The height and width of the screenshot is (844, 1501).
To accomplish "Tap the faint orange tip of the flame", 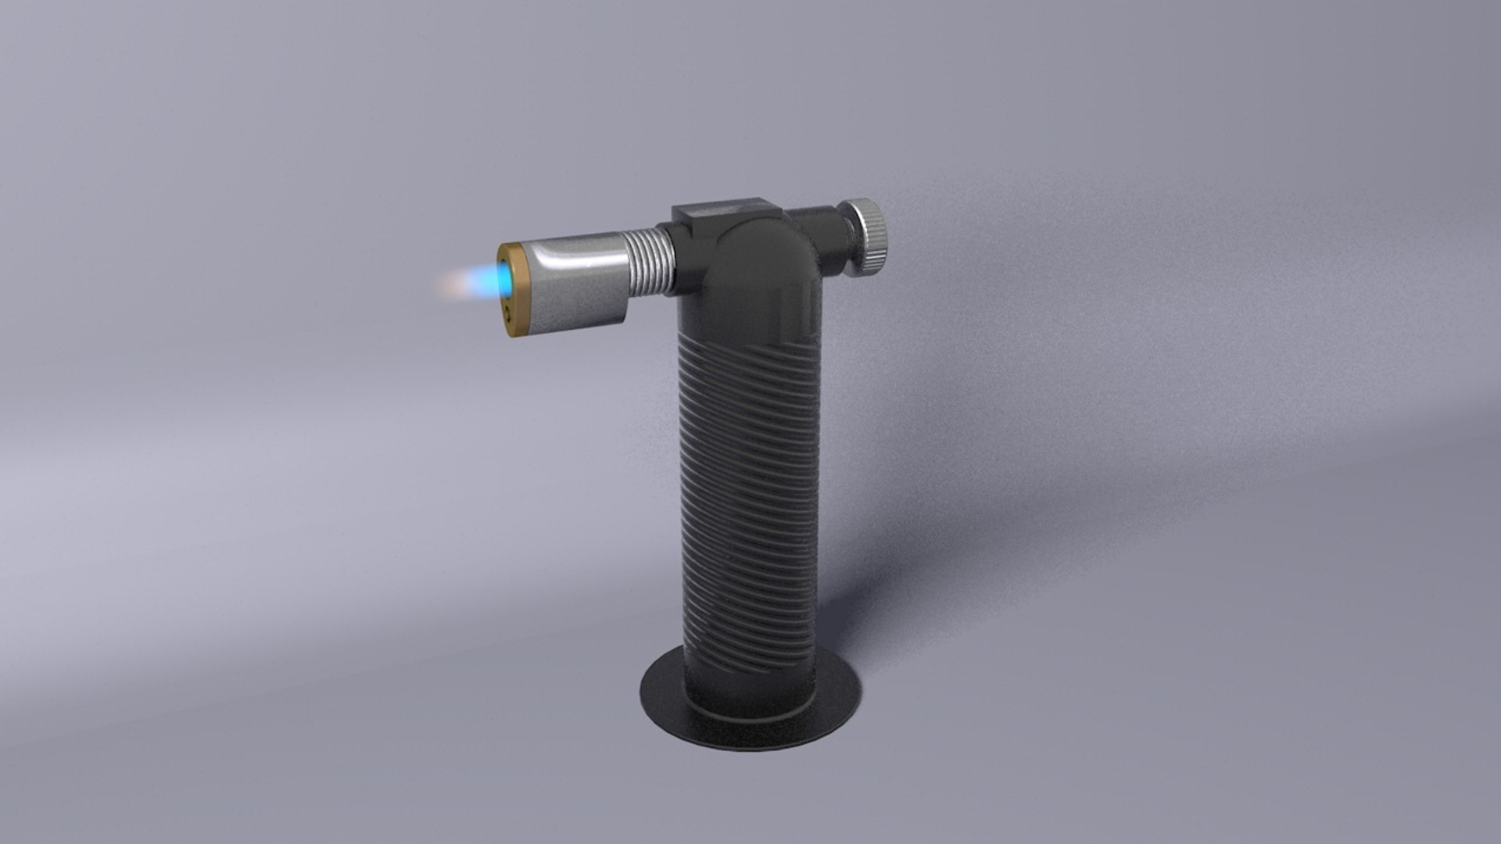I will click(450, 283).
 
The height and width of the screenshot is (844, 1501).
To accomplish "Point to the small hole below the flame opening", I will click(509, 313).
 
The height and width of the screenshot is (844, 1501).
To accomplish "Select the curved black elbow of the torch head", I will click(762, 258).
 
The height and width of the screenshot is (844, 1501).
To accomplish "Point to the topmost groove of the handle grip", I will click(750, 344).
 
